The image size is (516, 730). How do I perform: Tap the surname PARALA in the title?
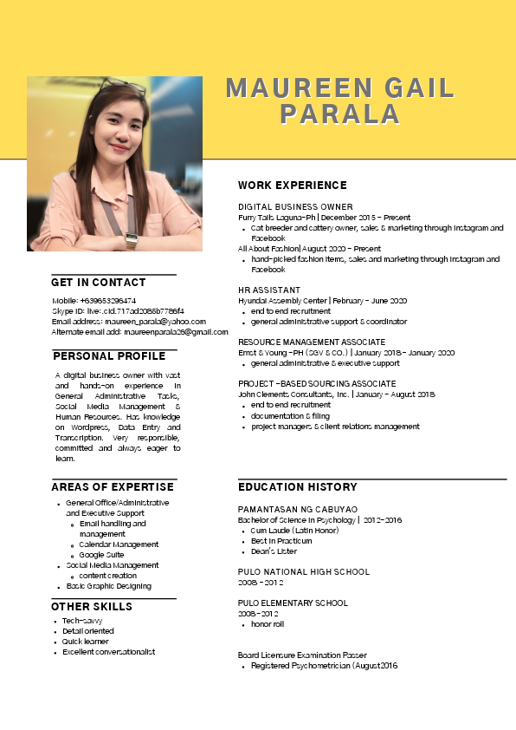[340, 114]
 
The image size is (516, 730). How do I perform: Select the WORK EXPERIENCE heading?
[293, 186]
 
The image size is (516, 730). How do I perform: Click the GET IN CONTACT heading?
[99, 283]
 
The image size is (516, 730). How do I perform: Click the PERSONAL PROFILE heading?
[109, 356]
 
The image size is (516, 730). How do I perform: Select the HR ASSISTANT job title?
[269, 290]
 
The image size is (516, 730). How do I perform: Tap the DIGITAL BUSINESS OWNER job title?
[295, 207]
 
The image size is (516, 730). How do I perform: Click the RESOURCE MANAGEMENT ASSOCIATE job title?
[312, 342]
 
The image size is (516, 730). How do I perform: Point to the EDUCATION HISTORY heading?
[298, 487]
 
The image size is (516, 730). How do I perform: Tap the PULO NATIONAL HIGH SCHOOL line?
[304, 572]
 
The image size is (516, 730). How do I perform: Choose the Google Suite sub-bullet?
[101, 555]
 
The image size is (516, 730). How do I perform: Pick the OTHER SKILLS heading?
[92, 607]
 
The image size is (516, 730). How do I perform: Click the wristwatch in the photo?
[132, 240]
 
